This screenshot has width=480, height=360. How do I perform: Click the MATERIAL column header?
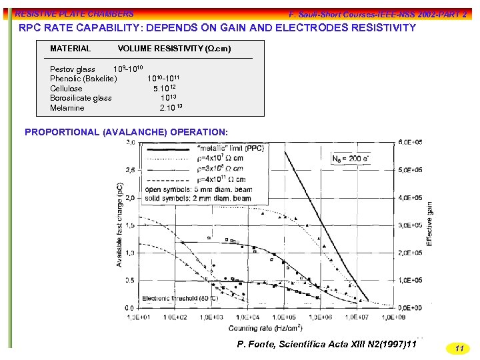coord(70,49)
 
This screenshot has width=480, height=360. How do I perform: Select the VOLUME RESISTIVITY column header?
coord(174,49)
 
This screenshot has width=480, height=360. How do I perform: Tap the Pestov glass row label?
coord(72,69)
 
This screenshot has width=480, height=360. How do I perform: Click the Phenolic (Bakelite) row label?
coord(83,79)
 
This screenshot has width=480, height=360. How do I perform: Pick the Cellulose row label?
coord(66,88)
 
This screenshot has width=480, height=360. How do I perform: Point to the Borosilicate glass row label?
coord(81,98)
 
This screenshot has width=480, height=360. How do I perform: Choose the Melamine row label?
coord(67,107)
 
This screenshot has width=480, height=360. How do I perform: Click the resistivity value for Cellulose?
coord(165,88)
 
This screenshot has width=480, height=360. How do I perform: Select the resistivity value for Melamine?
coord(171,107)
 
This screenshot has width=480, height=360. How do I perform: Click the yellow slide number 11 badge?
coord(458,348)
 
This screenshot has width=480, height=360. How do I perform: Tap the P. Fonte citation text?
coord(327,343)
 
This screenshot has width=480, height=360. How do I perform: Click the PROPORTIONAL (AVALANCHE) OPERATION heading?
coord(126,132)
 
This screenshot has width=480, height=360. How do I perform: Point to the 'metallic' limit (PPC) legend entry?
coord(231,148)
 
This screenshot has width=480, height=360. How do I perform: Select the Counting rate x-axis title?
coord(265,328)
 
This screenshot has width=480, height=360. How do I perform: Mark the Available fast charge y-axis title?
coord(119,225)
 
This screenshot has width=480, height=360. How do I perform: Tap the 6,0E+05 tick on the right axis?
coord(410,143)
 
